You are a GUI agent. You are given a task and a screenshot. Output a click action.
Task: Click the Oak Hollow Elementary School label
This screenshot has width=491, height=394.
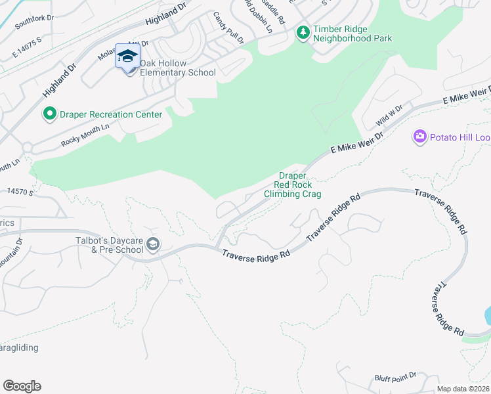169,68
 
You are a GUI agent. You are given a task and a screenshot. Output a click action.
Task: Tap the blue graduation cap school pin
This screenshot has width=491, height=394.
127,56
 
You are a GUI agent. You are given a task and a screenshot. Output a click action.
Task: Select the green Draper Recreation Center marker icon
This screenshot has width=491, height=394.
49,114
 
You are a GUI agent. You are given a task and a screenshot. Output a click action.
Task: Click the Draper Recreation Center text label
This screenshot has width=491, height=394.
111,115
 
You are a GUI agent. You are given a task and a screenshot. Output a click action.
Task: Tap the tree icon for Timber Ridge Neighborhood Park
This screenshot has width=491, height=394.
303,33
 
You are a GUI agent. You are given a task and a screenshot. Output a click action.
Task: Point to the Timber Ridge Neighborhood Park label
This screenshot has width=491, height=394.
352,33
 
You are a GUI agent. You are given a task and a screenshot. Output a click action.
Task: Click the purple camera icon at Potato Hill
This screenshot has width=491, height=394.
419,137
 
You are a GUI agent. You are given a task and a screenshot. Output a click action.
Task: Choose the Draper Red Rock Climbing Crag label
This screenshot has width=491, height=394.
292,185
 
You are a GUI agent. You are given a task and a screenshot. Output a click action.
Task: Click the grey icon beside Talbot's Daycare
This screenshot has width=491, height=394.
153,245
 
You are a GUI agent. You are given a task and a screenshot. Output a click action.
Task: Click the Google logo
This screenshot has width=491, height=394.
22,386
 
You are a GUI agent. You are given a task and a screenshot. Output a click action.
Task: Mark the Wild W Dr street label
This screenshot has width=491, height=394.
388,119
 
